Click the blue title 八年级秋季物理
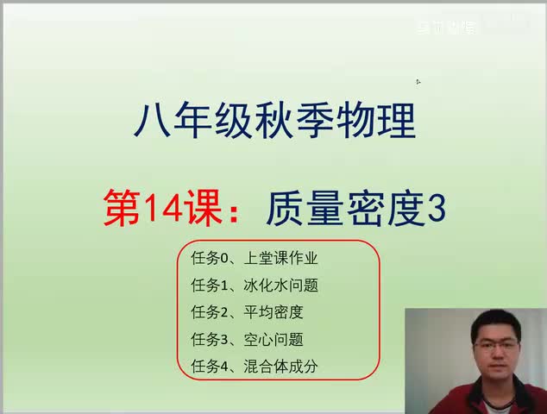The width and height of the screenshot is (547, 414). (x=274, y=121)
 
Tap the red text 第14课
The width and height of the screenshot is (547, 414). (x=163, y=209)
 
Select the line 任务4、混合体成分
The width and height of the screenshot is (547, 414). (x=255, y=366)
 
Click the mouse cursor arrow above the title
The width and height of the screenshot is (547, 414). (x=418, y=82)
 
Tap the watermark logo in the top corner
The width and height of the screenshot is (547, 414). (x=446, y=27)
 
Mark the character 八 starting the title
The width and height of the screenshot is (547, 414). (x=150, y=121)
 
